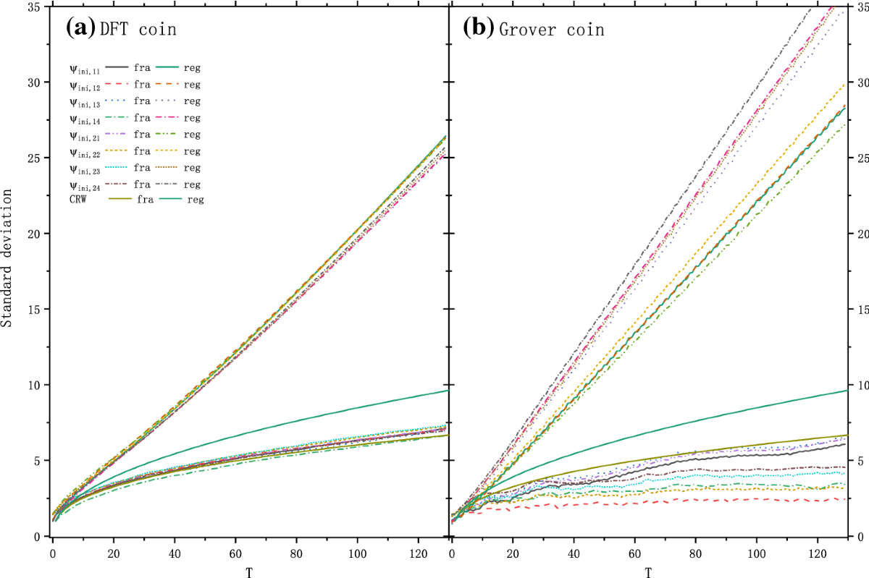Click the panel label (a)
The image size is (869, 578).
(80, 28)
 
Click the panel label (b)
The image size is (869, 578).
(479, 28)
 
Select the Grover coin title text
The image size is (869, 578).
(551, 30)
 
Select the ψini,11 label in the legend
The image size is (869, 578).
(85, 69)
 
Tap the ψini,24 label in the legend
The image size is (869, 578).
(85, 186)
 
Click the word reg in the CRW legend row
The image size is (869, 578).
(195, 200)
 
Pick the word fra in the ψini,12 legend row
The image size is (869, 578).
(142, 85)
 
